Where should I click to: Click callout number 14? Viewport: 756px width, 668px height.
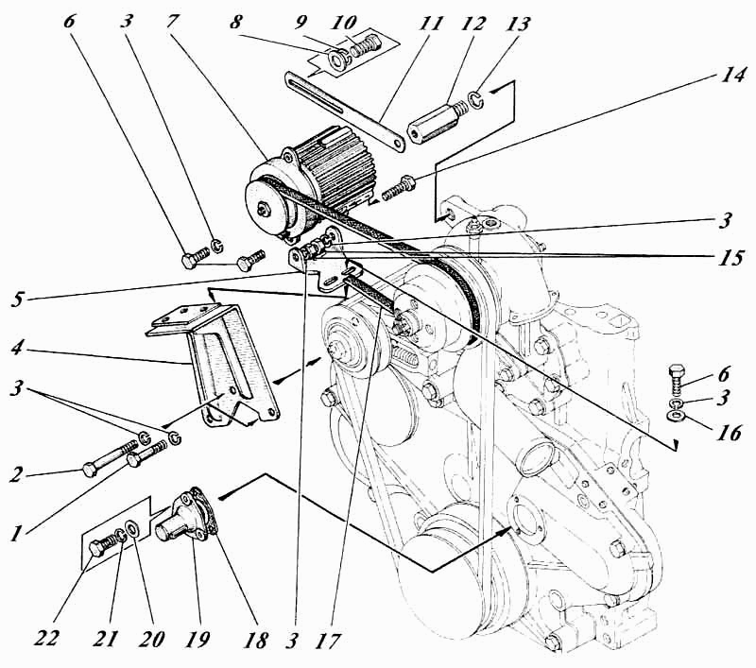[x=733, y=76]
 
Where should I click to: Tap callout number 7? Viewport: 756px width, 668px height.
[x=173, y=21]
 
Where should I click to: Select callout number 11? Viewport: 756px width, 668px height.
[x=429, y=23]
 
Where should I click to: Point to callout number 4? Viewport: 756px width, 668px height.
[x=18, y=348]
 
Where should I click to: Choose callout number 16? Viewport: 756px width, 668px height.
[x=730, y=433]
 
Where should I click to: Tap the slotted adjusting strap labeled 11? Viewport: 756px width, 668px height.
[x=345, y=111]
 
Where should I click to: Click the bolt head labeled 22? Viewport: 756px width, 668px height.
[x=97, y=548]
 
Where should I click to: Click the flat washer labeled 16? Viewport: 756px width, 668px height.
[x=677, y=415]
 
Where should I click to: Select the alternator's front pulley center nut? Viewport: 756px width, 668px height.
[x=264, y=210]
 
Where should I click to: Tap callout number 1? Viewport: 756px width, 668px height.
[x=18, y=534]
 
